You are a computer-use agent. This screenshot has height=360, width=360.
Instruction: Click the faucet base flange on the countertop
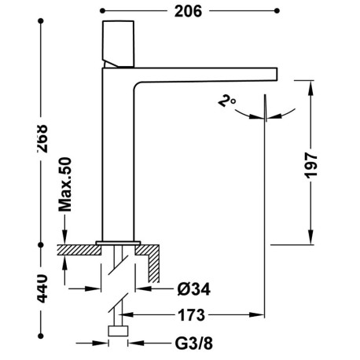pyautogui.click(x=118, y=241)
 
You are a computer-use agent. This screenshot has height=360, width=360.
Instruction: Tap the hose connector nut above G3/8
pyautogui.click(x=118, y=331)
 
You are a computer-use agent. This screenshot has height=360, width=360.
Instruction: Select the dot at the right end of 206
pyautogui.click(x=277, y=11)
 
